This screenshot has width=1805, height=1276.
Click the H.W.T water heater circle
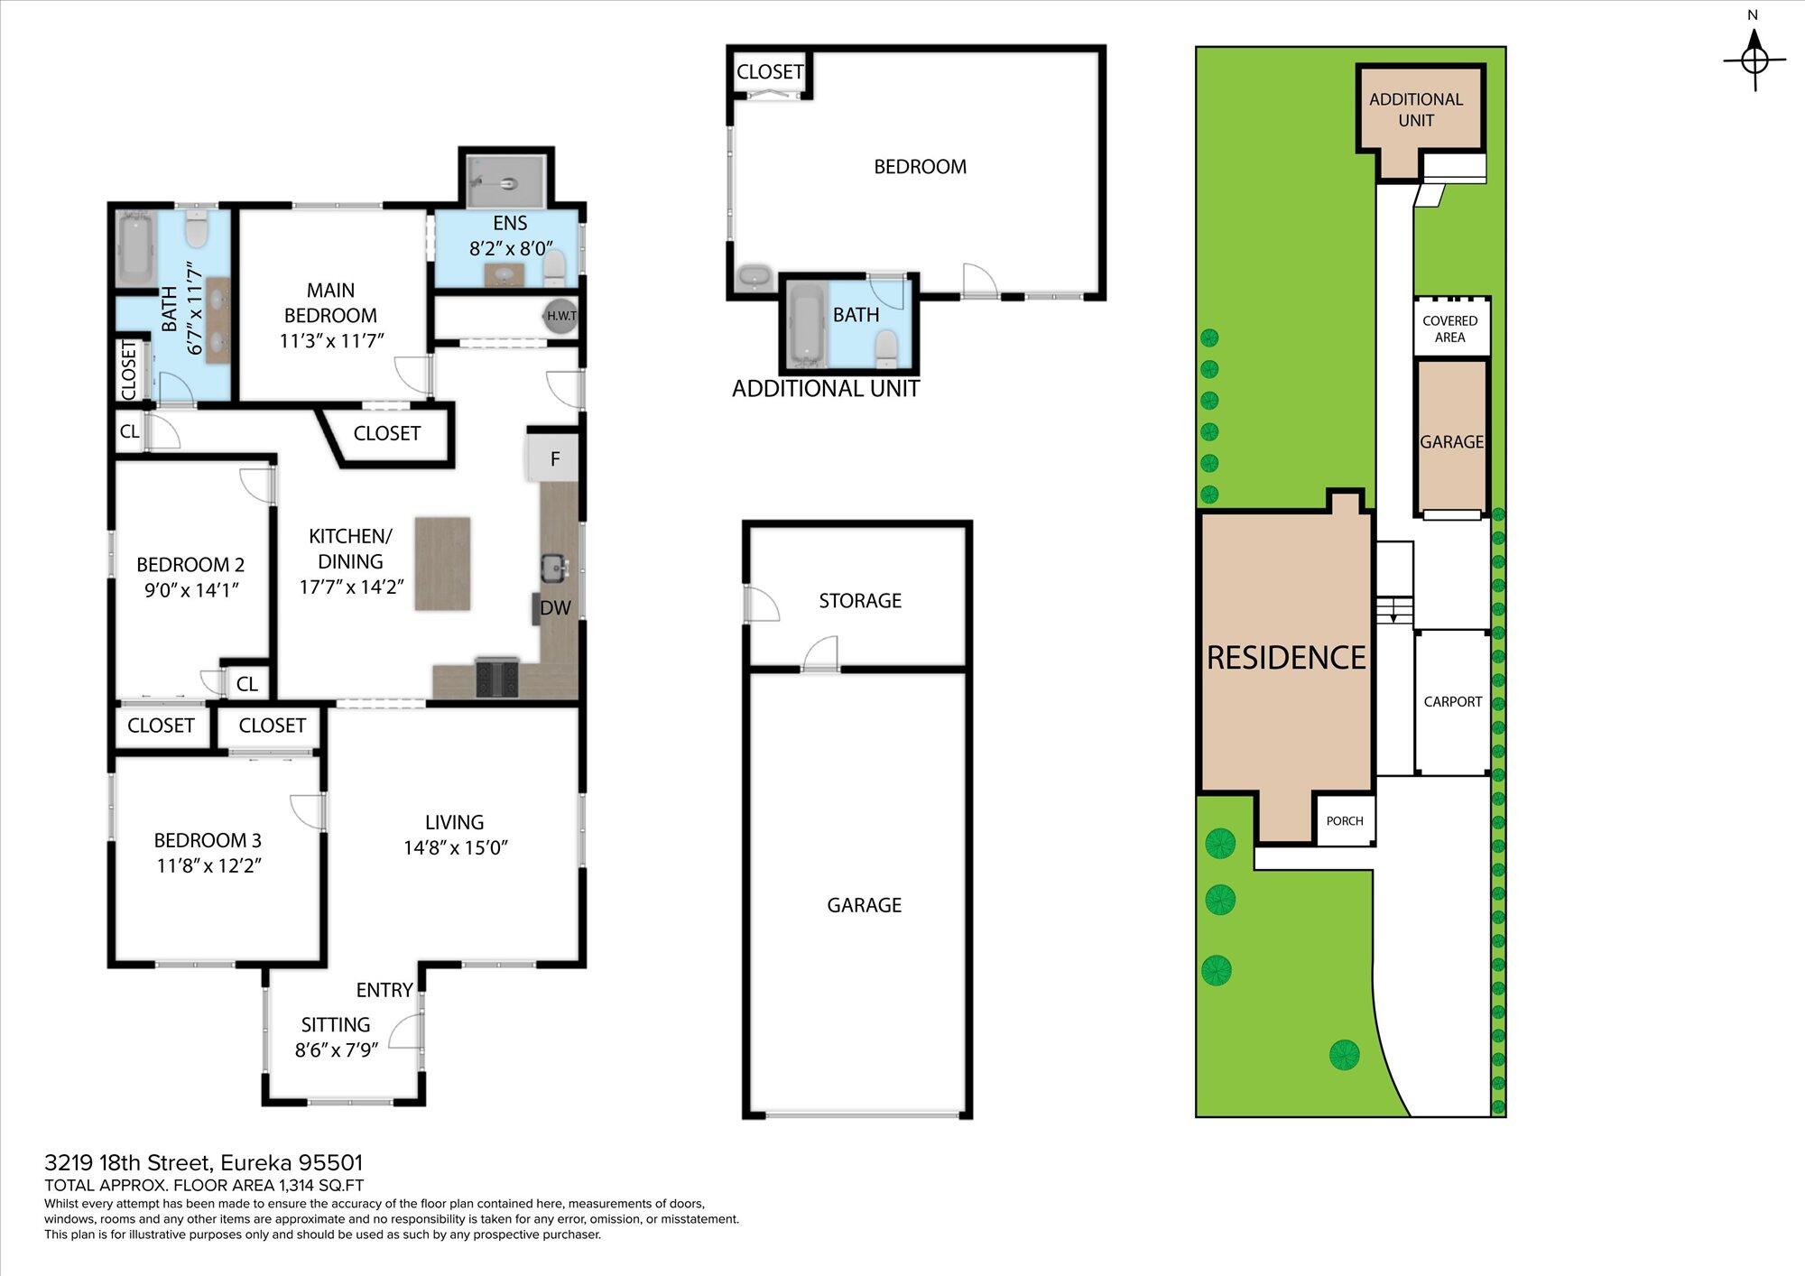point(561,316)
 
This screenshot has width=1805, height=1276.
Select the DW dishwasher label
point(555,608)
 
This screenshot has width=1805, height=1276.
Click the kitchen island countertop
point(442,563)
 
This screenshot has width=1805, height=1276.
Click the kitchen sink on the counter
point(554,568)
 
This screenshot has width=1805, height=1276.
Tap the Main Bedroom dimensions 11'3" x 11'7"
point(332,341)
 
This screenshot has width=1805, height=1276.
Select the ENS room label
point(510,223)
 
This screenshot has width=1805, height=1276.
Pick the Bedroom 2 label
point(190,565)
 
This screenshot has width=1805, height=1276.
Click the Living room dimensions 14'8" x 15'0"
point(456,847)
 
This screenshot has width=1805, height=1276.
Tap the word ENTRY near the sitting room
point(384,990)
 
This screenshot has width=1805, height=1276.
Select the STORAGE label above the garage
point(860,601)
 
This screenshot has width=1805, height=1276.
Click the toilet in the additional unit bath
point(886,348)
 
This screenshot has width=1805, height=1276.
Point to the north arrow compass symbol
point(1754,60)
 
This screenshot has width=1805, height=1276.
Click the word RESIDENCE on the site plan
point(1286,658)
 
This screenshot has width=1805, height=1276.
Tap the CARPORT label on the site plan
point(1453,701)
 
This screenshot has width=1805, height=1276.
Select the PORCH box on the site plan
point(1345,820)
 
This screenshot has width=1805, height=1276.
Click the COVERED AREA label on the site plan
point(1450,328)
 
